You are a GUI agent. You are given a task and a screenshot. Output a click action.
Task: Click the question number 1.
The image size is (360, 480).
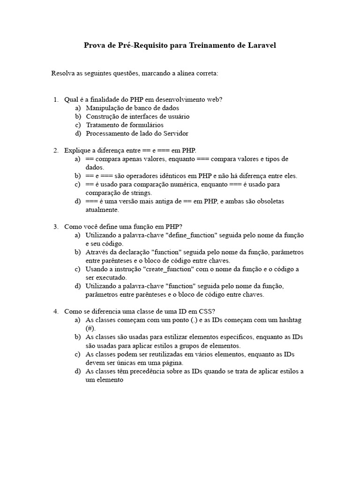[x=56, y=99]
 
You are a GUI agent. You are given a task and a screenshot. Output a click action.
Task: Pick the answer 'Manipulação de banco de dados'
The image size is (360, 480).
[x=132, y=108]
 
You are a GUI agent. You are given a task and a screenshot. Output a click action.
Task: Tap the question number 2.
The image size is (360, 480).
[x=56, y=150]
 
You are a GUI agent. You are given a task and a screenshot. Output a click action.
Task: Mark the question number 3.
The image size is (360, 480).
[x=56, y=227]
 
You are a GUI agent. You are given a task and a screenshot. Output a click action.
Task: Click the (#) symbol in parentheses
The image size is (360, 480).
[x=90, y=329]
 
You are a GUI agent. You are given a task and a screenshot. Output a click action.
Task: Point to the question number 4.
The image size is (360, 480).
[x=56, y=312]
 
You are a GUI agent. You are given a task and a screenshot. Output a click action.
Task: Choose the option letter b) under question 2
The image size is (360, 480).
[x=77, y=176]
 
